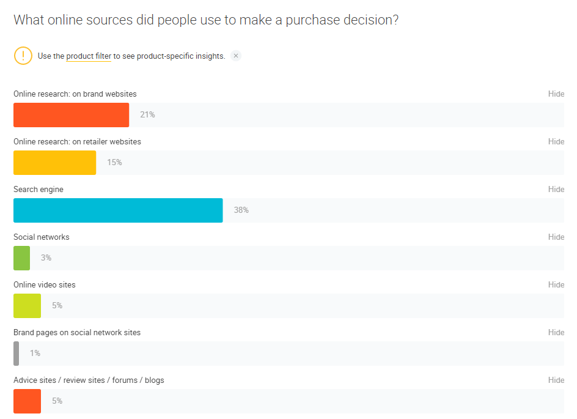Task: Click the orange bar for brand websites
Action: click(71, 115)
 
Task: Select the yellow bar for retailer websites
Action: click(54, 163)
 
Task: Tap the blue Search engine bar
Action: click(118, 210)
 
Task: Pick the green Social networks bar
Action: click(21, 258)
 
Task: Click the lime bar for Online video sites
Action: click(27, 306)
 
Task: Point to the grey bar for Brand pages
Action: click(17, 354)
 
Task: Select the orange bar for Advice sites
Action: click(27, 401)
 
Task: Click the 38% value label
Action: click(241, 210)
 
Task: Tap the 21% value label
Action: click(147, 115)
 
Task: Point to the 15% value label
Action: click(114, 163)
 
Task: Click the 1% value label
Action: click(35, 354)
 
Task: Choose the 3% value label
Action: click(46, 258)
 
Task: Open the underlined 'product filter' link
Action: click(89, 56)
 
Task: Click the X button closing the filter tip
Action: click(236, 56)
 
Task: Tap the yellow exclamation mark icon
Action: click(23, 56)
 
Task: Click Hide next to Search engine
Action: click(556, 190)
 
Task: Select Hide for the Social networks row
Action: click(556, 237)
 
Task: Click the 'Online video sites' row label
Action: click(45, 285)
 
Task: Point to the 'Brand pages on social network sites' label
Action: click(77, 333)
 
